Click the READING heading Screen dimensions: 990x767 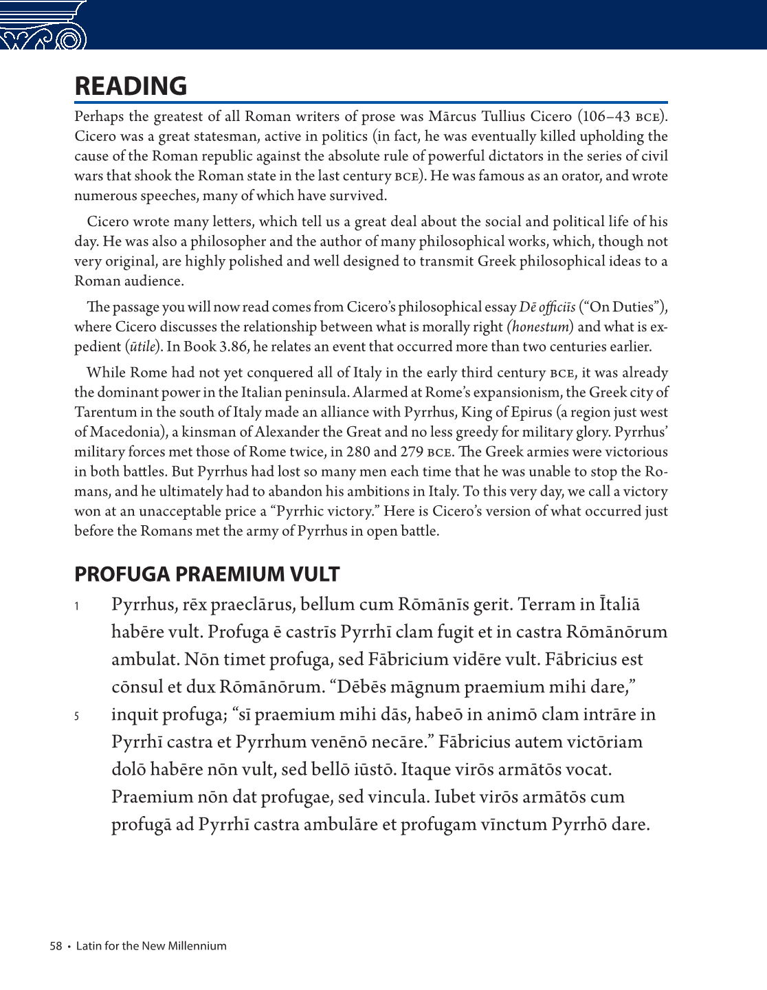131,87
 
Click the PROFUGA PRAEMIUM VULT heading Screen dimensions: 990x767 207,574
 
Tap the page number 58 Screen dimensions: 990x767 56,946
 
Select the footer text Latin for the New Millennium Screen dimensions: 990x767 151,946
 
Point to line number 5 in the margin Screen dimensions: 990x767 77,716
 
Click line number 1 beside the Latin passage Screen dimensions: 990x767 77,606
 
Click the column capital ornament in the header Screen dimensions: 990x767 43,26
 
